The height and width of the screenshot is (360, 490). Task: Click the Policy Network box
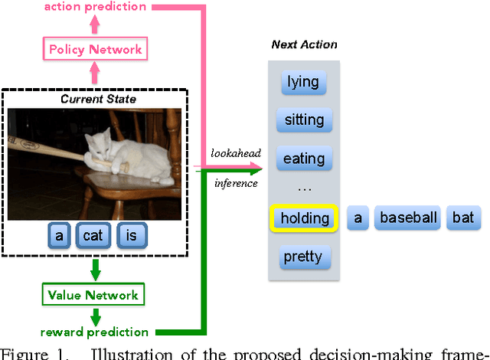(95, 50)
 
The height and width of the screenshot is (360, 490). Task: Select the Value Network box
(93, 296)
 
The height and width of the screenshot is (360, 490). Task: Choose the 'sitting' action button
(304, 119)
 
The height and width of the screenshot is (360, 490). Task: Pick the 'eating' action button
(304, 159)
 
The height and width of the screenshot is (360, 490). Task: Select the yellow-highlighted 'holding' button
(304, 218)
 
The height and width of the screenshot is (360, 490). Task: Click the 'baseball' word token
(409, 218)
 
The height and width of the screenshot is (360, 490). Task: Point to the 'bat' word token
(462, 218)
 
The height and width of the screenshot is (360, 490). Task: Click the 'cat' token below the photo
(94, 236)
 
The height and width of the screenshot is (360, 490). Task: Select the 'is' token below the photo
(131, 236)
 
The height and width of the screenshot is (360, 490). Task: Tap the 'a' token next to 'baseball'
(358, 218)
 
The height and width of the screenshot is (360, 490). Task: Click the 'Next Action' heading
(304, 44)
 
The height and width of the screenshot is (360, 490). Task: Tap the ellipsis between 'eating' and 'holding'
(304, 188)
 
